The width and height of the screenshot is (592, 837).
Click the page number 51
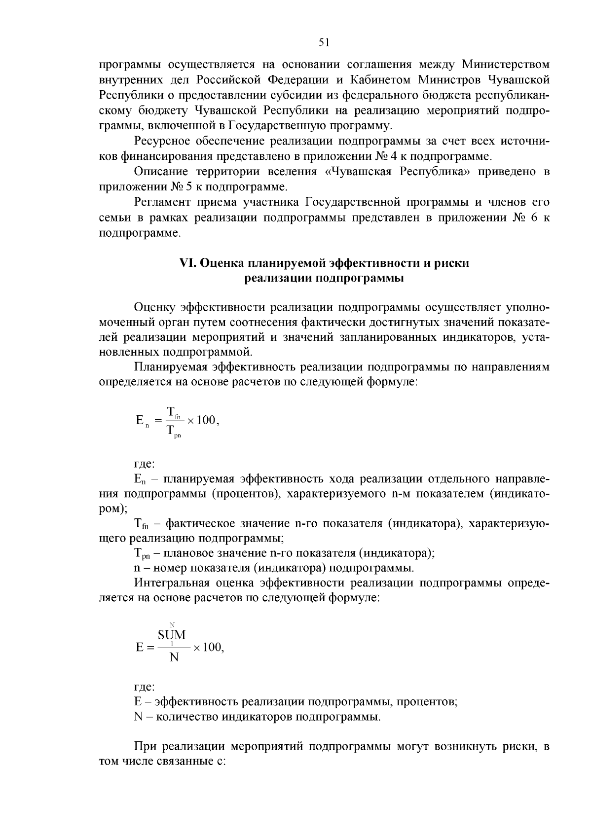tap(324, 43)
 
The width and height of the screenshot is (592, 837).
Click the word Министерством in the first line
tap(505, 65)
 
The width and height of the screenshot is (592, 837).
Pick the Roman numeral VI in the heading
tap(187, 263)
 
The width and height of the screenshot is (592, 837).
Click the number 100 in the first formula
tap(205, 420)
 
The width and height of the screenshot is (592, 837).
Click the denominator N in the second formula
tap(173, 657)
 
